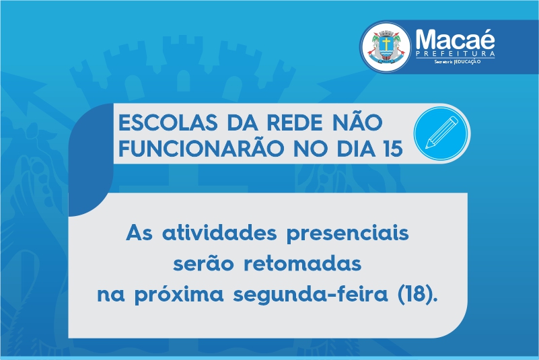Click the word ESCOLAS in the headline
[168, 122]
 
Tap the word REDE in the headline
[295, 122]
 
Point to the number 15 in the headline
[393, 149]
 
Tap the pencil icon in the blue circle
[441, 133]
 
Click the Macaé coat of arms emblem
[386, 46]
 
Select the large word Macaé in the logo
[455, 39]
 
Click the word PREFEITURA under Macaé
[456, 54]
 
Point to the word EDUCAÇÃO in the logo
[468, 62]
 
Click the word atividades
[219, 233]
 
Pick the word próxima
[179, 295]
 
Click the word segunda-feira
[310, 294]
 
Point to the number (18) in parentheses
[417, 294]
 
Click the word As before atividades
[139, 233]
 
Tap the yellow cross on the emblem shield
[386, 44]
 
